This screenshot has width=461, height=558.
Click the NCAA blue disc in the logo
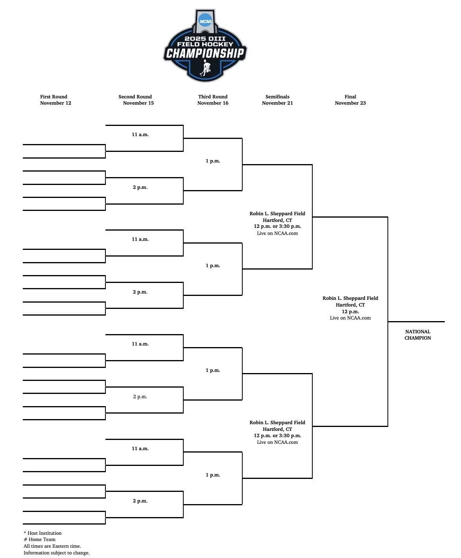pos(205,21)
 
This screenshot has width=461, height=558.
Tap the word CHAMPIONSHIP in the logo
pos(205,53)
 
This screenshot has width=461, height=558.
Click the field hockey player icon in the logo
pos(205,69)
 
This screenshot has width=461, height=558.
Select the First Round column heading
pos(53,97)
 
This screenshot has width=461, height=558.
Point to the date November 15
pos(138,103)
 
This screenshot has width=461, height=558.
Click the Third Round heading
pos(213,97)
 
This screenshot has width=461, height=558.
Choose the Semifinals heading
pos(277,97)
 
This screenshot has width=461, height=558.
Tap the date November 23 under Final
pos(350,103)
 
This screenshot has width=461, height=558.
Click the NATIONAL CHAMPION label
pos(418,335)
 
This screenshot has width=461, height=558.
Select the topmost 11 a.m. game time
pos(140,135)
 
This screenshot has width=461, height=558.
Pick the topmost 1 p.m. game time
pos(213,161)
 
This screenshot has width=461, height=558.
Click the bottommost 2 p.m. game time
pos(140,501)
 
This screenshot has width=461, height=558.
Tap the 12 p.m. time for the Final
pos(350,312)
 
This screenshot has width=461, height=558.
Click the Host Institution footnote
pos(43,533)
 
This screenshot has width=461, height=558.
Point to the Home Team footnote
pos(40,540)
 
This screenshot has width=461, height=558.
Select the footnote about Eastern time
pos(52,546)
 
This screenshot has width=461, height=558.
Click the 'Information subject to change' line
pos(57,553)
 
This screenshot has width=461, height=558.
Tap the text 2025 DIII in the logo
pos(205,39)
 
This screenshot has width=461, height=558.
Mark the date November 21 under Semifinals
pos(277,103)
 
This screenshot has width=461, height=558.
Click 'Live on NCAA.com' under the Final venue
pos(350,318)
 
